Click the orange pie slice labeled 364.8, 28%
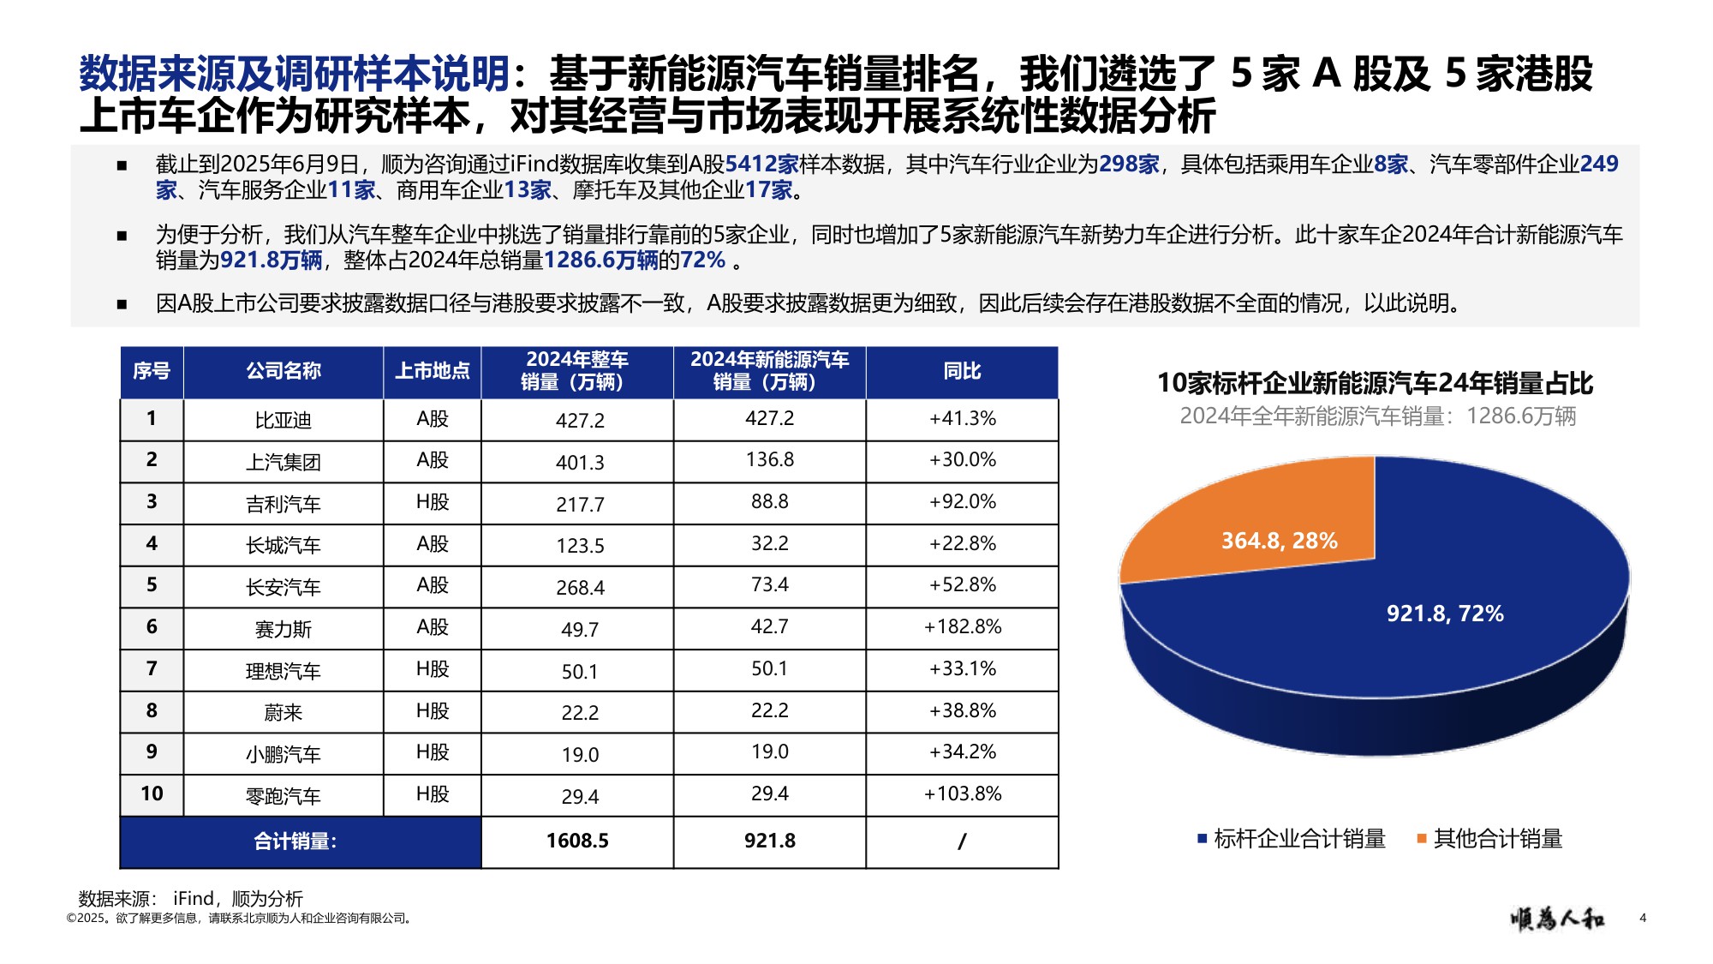coord(1259,523)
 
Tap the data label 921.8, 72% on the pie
coord(1445,614)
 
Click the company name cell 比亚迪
coord(283,420)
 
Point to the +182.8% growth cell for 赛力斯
coord(962,627)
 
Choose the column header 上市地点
coord(432,371)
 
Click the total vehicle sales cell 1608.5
coord(577,841)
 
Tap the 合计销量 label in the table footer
coord(295,841)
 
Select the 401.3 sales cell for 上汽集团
coord(580,463)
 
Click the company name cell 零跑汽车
coord(283,796)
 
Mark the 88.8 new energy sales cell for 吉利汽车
coord(769,502)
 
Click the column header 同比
coord(962,371)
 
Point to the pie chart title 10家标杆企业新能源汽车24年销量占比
coord(1375,383)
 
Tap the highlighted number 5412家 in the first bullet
coord(761,165)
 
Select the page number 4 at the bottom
coord(1642,918)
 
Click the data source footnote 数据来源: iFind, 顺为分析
coord(190,898)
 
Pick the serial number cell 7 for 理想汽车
coord(152,668)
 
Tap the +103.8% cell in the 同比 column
coord(962,794)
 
